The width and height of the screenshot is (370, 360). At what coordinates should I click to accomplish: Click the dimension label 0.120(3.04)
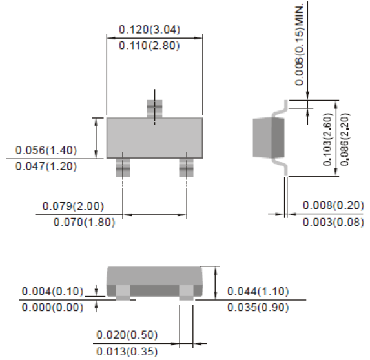point(149,30)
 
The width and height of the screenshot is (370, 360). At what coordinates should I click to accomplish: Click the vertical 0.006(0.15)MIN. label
point(300,43)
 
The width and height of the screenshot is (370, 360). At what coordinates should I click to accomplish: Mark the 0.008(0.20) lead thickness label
point(333,206)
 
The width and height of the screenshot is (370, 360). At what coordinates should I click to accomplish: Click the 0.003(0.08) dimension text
point(333,222)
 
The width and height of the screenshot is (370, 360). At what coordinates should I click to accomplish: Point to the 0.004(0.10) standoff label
point(52,291)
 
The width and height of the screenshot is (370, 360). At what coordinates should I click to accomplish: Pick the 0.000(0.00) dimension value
point(52,307)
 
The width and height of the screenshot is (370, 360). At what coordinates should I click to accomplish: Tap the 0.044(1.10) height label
point(258,291)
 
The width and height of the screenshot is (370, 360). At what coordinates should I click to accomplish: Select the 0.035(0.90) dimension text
point(258,307)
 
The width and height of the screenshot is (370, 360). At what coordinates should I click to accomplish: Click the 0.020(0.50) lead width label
point(127,335)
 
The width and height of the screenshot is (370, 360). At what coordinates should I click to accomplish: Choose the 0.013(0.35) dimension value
point(127,352)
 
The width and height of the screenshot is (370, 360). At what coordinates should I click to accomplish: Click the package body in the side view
point(270,137)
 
